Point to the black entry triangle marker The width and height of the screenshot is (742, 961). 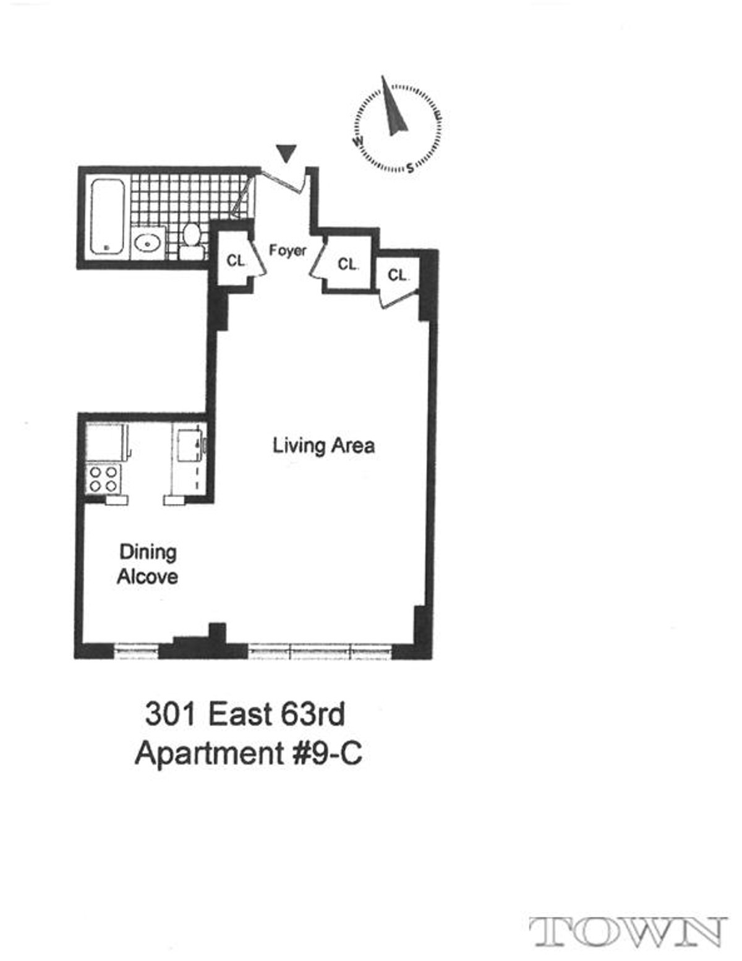(286, 153)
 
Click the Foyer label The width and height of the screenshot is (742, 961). (288, 250)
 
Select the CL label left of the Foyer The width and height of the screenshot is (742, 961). (235, 261)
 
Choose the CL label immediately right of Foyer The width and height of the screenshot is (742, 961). (348, 264)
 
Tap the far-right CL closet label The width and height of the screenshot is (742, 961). (398, 275)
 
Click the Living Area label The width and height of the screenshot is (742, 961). (323, 445)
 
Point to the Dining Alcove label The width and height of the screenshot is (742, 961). (147, 564)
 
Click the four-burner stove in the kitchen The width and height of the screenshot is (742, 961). (103, 478)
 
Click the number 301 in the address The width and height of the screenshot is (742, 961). (170, 714)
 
